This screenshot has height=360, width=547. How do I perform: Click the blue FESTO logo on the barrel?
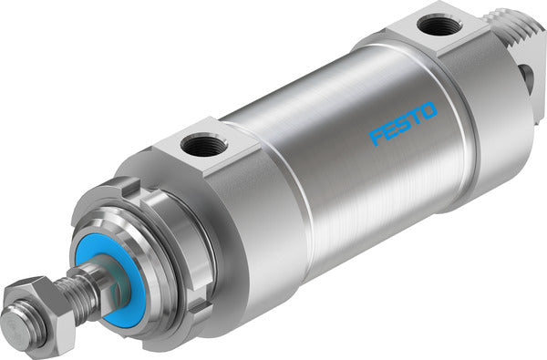(x=403, y=125)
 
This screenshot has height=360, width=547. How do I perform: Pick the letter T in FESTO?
(x=415, y=119)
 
